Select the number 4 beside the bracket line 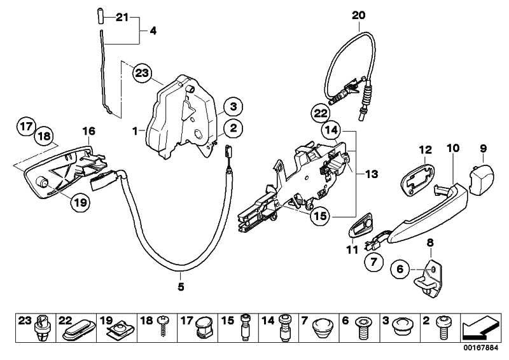point(153,30)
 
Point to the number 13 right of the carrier point(371,173)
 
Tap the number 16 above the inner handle point(88,131)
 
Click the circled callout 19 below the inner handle point(80,203)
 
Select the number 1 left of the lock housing point(135,130)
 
